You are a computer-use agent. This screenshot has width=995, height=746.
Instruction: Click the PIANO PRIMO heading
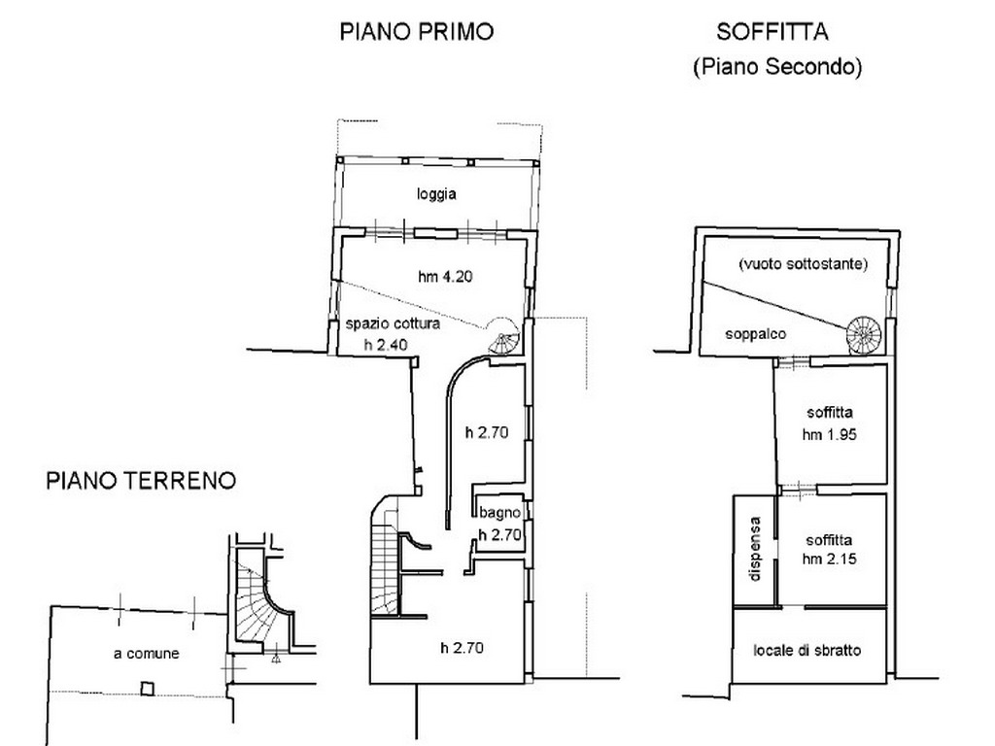click(416, 32)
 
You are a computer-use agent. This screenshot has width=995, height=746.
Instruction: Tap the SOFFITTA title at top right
click(772, 32)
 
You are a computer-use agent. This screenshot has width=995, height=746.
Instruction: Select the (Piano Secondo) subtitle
click(777, 66)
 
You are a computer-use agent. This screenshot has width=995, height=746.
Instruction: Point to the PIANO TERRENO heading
click(141, 480)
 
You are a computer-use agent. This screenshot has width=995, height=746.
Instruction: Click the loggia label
click(436, 193)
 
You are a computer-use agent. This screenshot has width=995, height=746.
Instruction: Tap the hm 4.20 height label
click(445, 277)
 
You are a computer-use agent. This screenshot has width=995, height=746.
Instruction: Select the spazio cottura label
click(393, 323)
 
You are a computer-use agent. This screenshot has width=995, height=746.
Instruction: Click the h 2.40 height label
click(386, 345)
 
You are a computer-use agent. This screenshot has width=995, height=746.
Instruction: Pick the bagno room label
click(499, 513)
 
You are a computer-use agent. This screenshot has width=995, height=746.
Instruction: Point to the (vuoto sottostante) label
click(803, 264)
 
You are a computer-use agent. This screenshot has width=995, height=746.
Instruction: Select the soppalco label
click(755, 334)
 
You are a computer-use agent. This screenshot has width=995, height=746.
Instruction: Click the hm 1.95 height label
click(830, 434)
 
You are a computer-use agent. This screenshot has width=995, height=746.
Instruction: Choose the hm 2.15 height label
click(830, 559)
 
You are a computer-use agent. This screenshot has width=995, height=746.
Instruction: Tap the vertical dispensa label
click(754, 550)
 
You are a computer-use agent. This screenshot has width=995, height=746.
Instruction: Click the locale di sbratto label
click(807, 650)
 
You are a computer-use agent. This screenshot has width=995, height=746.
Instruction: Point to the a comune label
click(147, 654)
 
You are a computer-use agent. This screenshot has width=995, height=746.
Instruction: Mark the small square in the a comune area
click(148, 689)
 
